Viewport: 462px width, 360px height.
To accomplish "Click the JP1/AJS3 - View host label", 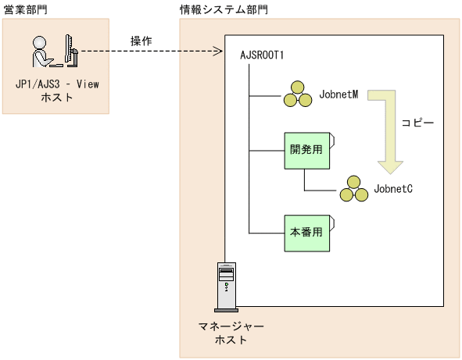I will pos(56,91).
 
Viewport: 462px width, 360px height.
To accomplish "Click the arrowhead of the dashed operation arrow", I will pos(220,53).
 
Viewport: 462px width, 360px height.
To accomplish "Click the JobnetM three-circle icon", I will pos(296,94).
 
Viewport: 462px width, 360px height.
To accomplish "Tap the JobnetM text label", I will pos(338,94).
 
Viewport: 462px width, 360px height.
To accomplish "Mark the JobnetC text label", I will pos(393,188).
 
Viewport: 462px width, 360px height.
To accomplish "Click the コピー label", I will pos(417,123).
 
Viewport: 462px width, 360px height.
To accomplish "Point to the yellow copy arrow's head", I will pos(389,166).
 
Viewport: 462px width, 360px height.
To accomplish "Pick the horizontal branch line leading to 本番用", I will pos(266,233).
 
